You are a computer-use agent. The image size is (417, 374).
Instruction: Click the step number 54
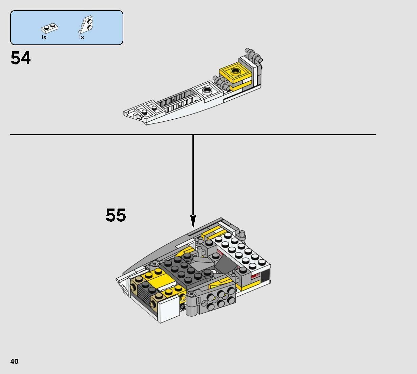pyautogui.click(x=21, y=58)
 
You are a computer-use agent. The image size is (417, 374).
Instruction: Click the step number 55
pyautogui.click(x=116, y=215)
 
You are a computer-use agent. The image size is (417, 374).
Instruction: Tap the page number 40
pyautogui.click(x=15, y=361)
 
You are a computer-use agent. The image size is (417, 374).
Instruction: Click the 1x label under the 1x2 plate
pyautogui.click(x=44, y=37)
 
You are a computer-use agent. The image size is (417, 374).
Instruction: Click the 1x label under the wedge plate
pyautogui.click(x=81, y=37)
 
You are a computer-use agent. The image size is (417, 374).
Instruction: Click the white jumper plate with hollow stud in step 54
pyautogui.click(x=207, y=91)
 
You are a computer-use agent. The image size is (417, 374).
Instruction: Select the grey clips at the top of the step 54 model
pyautogui.click(x=253, y=55)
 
